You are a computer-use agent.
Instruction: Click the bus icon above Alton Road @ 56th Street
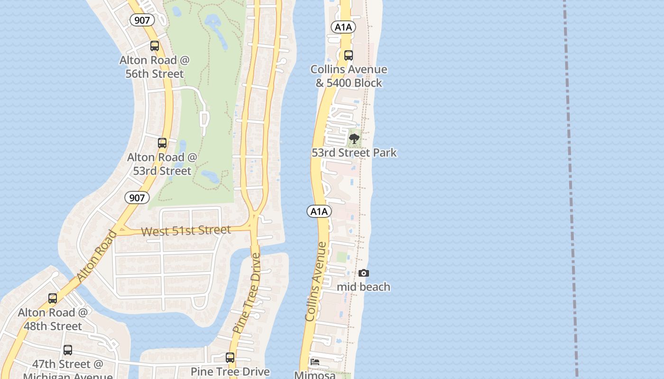[155, 46]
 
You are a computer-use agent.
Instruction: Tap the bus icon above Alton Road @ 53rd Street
[162, 143]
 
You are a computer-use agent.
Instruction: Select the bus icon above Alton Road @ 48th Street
[53, 298]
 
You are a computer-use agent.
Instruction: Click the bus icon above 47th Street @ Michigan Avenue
[68, 350]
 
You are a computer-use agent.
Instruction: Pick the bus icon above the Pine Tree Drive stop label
[230, 358]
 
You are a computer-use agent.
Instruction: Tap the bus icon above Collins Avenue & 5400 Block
[349, 55]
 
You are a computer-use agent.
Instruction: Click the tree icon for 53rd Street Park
[354, 139]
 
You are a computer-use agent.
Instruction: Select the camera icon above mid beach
[364, 273]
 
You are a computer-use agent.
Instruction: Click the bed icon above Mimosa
[314, 362]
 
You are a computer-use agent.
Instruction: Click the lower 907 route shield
[137, 198]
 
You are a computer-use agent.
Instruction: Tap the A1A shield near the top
[343, 27]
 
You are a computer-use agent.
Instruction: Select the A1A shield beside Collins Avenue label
[319, 211]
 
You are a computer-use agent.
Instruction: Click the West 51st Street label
[186, 231]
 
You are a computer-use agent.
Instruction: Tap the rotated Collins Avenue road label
[316, 281]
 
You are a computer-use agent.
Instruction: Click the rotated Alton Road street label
[96, 256]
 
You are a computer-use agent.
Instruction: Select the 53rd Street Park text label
[354, 153]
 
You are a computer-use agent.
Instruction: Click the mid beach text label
[363, 287]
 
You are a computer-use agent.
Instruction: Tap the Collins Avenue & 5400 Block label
[349, 76]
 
